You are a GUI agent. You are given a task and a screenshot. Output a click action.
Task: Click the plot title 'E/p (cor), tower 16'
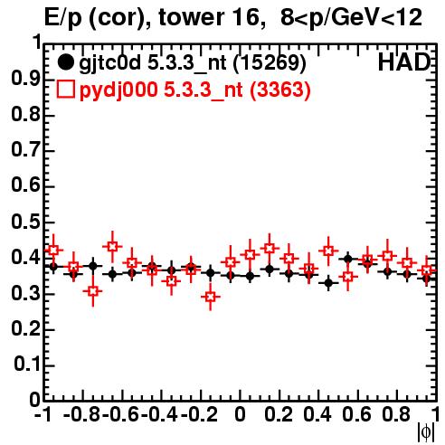(152, 17)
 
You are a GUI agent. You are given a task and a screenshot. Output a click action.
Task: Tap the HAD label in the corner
(404, 62)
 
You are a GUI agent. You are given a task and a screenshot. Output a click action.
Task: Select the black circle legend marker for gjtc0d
(65, 62)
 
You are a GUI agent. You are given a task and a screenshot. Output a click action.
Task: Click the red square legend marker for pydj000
(65, 89)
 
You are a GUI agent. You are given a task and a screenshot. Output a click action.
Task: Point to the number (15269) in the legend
(270, 63)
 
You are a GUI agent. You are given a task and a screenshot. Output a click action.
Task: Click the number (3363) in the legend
(280, 90)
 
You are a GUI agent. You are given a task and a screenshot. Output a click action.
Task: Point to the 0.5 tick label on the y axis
(25, 222)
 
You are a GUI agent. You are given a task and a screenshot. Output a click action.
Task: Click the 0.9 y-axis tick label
(25, 79)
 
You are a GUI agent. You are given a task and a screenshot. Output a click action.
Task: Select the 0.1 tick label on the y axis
(27, 364)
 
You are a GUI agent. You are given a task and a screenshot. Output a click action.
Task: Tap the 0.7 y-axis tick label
(25, 150)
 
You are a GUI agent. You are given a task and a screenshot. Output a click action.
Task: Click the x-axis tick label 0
(240, 414)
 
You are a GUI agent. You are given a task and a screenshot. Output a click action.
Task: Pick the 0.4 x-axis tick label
(317, 414)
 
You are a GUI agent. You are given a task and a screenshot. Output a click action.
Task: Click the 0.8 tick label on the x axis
(396, 414)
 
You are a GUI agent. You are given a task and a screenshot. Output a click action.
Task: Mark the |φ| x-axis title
(426, 432)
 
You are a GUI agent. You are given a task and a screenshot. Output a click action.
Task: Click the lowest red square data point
(211, 297)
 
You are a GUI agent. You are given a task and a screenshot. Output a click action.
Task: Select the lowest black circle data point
(328, 283)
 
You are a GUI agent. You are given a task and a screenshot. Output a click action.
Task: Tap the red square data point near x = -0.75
(93, 291)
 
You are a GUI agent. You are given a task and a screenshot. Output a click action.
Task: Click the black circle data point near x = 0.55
(348, 259)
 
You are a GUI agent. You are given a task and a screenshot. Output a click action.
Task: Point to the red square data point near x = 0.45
(328, 251)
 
